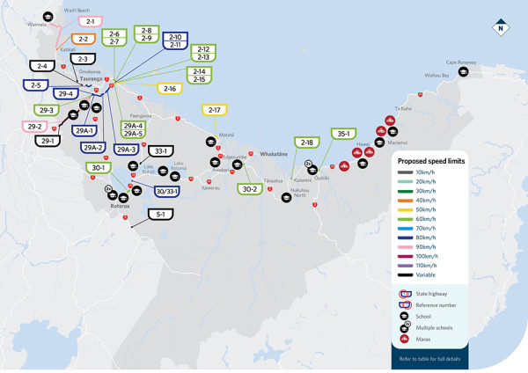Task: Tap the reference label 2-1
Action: click(90, 20)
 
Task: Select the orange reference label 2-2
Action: click(84, 39)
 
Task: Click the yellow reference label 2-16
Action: click(170, 88)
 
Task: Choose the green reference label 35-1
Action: click(343, 134)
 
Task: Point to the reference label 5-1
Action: click(160, 214)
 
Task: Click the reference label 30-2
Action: click(250, 188)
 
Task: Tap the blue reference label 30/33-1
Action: click(167, 191)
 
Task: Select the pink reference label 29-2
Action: click(35, 126)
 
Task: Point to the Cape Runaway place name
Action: click(460, 62)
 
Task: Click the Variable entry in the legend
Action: click(440, 275)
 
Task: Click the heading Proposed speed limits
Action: click(436, 162)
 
